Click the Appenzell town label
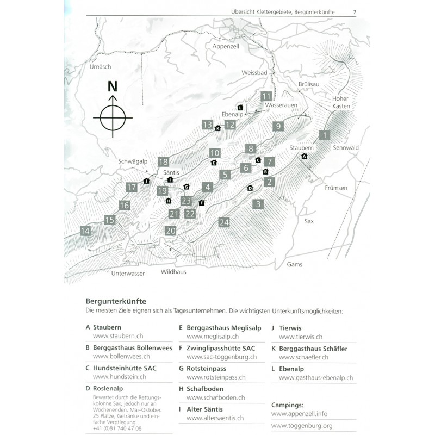click(226, 47)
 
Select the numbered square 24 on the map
click(224, 222)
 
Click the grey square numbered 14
click(85, 231)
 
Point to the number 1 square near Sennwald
click(325, 135)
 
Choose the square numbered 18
click(164, 161)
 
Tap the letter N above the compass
click(113, 86)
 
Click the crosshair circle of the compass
click(113, 116)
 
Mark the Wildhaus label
click(175, 271)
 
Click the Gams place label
click(295, 264)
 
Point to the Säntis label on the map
click(170, 172)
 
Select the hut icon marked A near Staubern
click(304, 156)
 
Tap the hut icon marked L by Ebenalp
click(240, 107)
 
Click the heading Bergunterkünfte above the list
click(115, 301)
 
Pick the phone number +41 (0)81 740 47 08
click(117, 428)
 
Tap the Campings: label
click(289, 405)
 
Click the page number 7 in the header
click(355, 12)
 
